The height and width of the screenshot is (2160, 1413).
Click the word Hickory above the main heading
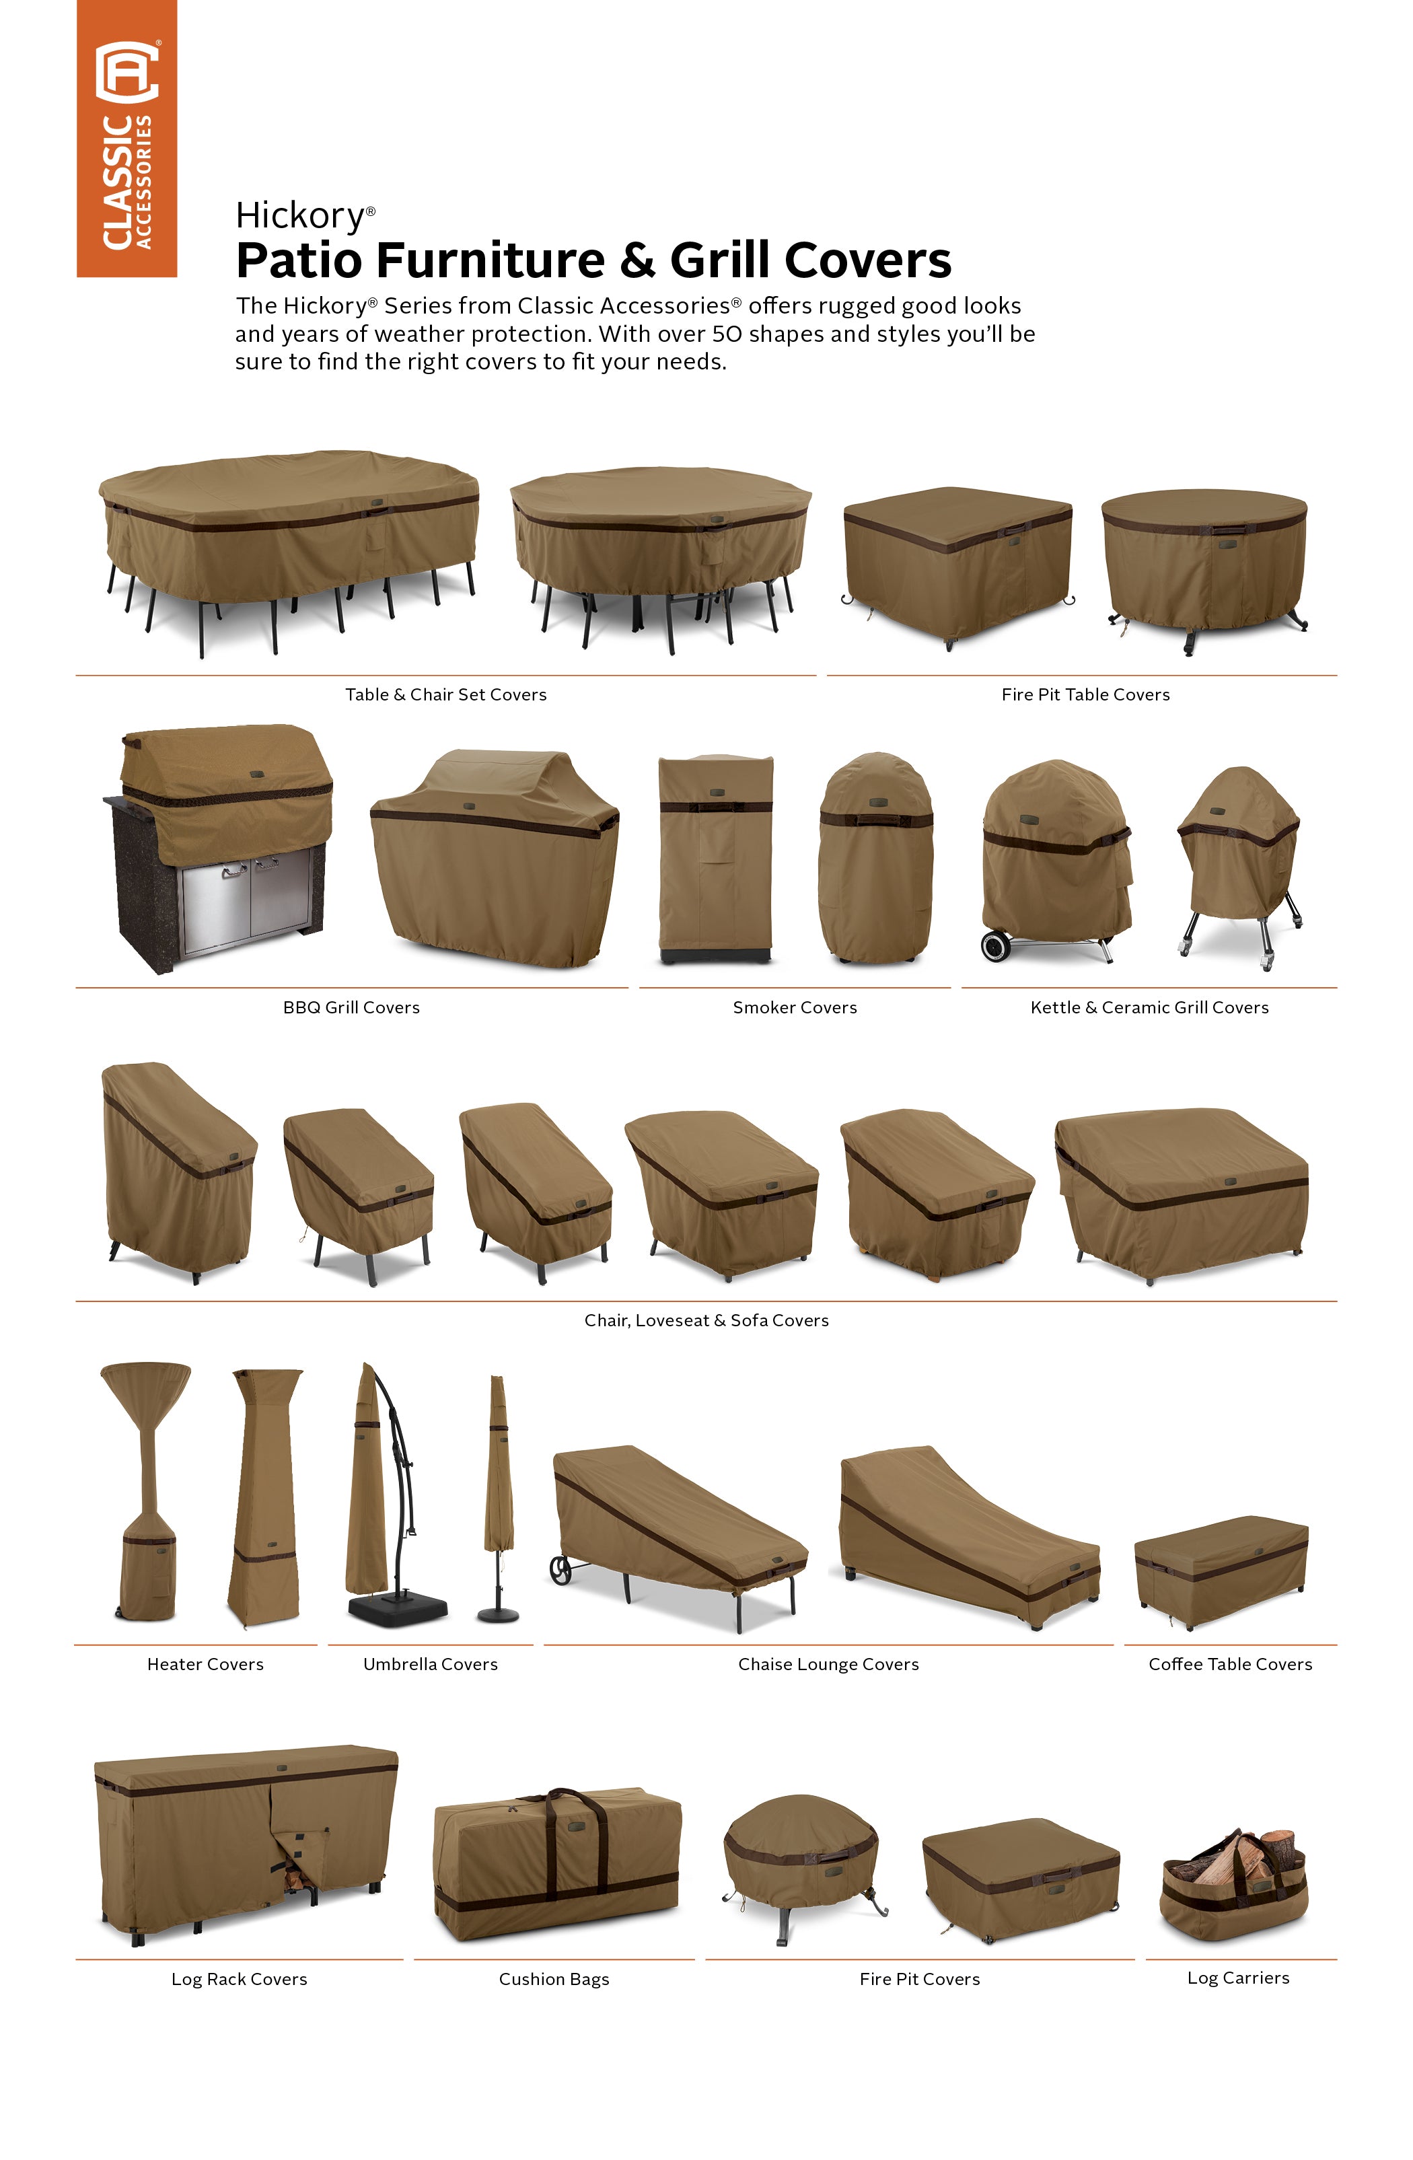(299, 216)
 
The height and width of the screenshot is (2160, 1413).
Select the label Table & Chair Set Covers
(445, 694)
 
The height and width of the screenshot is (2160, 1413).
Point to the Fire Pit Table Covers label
(1085, 694)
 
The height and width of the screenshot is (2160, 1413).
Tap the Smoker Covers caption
(795, 1007)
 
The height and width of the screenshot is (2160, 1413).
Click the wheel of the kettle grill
(997, 945)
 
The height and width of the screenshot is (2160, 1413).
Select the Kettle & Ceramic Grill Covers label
(1149, 1007)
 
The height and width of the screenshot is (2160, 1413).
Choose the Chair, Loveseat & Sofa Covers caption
(706, 1320)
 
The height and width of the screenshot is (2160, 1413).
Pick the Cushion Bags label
(554, 1980)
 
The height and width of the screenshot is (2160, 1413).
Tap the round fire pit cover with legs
(802, 1865)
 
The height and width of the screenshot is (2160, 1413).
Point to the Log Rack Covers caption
(240, 1980)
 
